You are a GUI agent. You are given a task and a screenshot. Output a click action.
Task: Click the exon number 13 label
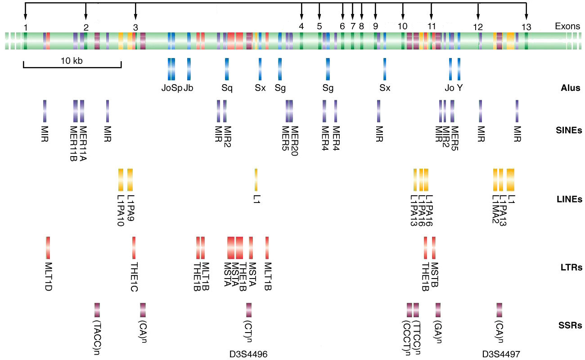pyautogui.click(x=526, y=27)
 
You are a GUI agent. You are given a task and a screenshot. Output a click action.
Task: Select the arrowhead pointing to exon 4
pyautogui.click(x=301, y=18)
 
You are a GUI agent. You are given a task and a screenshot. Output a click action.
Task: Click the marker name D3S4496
pyautogui.click(x=249, y=355)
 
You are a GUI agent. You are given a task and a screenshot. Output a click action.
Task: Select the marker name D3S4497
pyautogui.click(x=501, y=355)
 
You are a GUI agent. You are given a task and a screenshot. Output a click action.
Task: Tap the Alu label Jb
pyautogui.click(x=189, y=88)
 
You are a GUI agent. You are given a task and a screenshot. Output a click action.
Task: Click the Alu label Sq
pyautogui.click(x=227, y=88)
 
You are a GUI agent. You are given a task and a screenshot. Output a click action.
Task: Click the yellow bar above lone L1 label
pyautogui.click(x=256, y=180)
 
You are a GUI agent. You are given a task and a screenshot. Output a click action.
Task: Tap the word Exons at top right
pyautogui.click(x=567, y=27)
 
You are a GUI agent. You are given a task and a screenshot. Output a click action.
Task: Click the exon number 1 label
pyautogui.click(x=26, y=27)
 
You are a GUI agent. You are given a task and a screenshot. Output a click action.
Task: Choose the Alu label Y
pyautogui.click(x=459, y=88)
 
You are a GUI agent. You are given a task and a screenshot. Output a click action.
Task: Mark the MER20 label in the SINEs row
pyautogui.click(x=295, y=140)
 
